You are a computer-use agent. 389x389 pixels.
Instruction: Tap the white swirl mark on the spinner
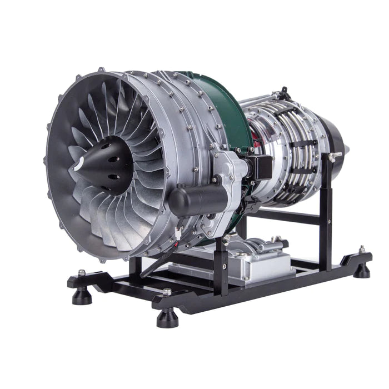(81, 163)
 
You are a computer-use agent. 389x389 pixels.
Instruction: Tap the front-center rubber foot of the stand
(167, 316)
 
